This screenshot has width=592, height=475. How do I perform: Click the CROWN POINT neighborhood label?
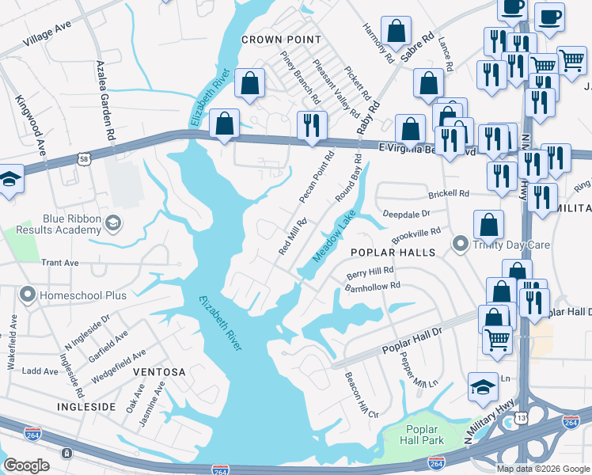(x=281, y=39)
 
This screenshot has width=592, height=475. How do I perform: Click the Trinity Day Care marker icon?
(x=458, y=243)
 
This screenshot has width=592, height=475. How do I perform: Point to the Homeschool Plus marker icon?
(x=28, y=295)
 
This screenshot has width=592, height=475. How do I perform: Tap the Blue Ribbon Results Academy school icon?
(x=114, y=223)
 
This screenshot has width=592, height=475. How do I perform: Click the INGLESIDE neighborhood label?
(x=88, y=405)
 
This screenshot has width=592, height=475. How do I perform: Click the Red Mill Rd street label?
(x=292, y=237)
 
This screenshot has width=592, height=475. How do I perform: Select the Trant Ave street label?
(x=61, y=262)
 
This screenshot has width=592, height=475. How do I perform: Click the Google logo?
(x=27, y=465)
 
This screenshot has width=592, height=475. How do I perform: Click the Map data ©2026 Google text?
(x=542, y=469)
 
